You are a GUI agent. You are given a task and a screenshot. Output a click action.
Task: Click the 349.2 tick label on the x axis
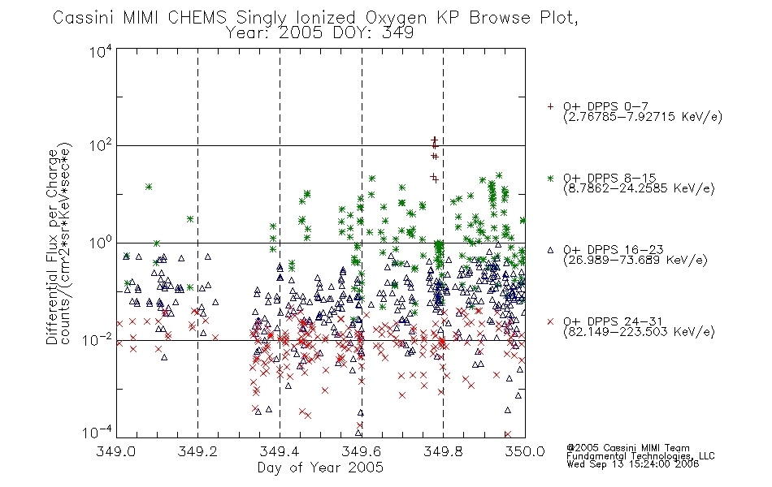(197, 451)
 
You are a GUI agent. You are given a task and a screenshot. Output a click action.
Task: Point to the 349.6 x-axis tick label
(362, 451)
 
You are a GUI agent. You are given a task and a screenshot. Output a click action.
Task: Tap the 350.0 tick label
(525, 451)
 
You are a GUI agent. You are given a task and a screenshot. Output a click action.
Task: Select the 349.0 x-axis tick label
(115, 451)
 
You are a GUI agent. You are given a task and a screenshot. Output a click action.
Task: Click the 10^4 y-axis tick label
(101, 51)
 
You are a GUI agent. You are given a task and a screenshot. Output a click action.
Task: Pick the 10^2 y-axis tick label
(101, 146)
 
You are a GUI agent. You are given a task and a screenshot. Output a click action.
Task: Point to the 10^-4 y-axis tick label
(97, 433)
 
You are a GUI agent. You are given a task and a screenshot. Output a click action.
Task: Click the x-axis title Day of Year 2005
(320, 468)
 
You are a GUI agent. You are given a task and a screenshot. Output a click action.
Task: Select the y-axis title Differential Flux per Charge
(52, 247)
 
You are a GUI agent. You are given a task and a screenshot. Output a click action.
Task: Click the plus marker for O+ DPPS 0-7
(550, 106)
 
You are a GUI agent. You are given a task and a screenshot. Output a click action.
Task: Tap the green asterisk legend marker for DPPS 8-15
(550, 178)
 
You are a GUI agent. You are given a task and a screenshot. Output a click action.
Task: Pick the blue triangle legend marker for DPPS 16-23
(550, 250)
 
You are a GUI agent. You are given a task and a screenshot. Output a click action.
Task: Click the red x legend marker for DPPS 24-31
(550, 321)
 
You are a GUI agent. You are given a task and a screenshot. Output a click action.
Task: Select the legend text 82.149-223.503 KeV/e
(639, 332)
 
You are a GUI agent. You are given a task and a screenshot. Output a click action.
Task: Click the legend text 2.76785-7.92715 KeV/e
(643, 117)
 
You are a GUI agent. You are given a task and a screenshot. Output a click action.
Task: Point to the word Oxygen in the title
(396, 18)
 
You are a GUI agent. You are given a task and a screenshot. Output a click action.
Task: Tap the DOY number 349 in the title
(398, 33)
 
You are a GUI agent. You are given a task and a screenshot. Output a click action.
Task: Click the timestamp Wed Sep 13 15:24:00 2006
(633, 464)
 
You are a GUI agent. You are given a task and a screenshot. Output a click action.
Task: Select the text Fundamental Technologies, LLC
(640, 456)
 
